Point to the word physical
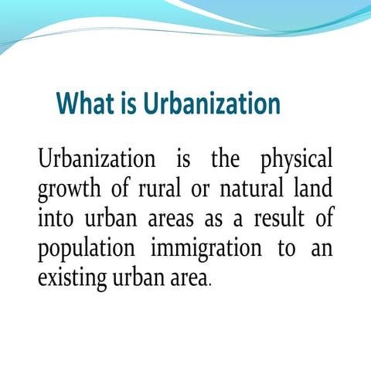(296, 161)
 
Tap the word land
(315, 189)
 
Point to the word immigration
(208, 247)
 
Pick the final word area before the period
(185, 277)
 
